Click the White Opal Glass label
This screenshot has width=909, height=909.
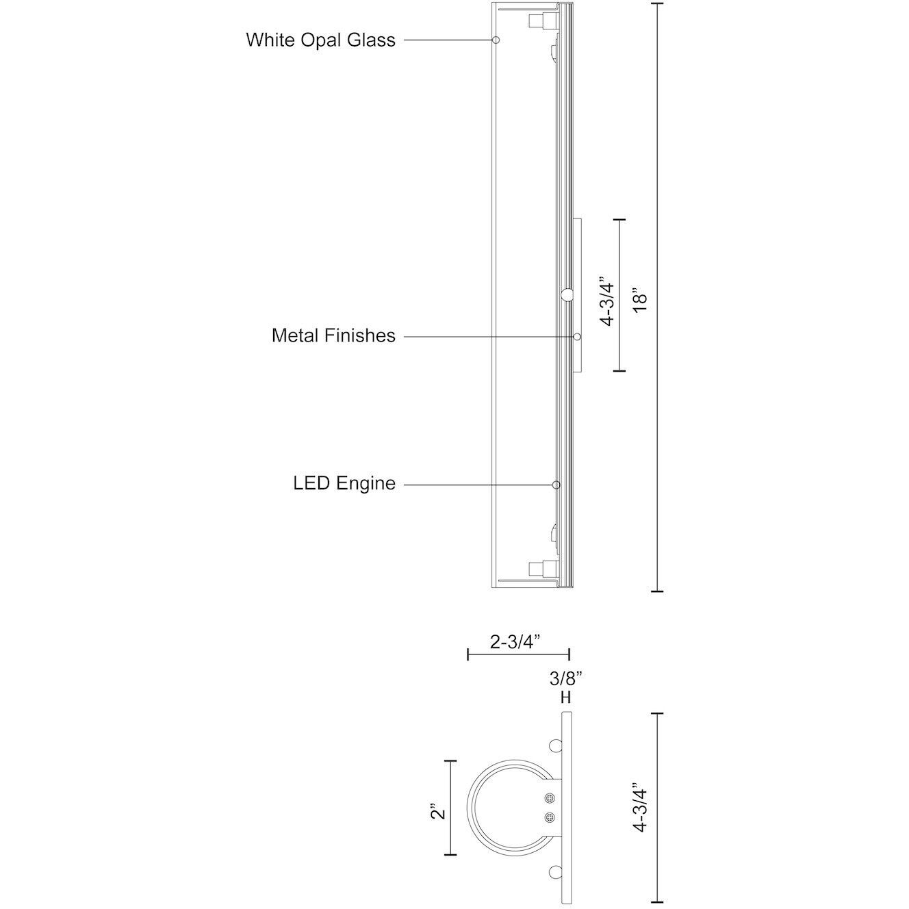320,40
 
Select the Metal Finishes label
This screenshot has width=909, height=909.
333,335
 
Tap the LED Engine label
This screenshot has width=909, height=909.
344,483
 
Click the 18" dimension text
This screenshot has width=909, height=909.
639,302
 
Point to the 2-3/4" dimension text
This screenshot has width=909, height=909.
516,641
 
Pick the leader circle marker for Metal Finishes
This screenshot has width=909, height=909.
577,337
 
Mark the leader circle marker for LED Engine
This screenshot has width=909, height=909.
556,485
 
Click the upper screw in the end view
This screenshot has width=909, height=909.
549,799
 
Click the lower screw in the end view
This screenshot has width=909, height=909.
549,817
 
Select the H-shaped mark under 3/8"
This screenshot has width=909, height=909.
565,697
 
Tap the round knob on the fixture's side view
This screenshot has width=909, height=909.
567,295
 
